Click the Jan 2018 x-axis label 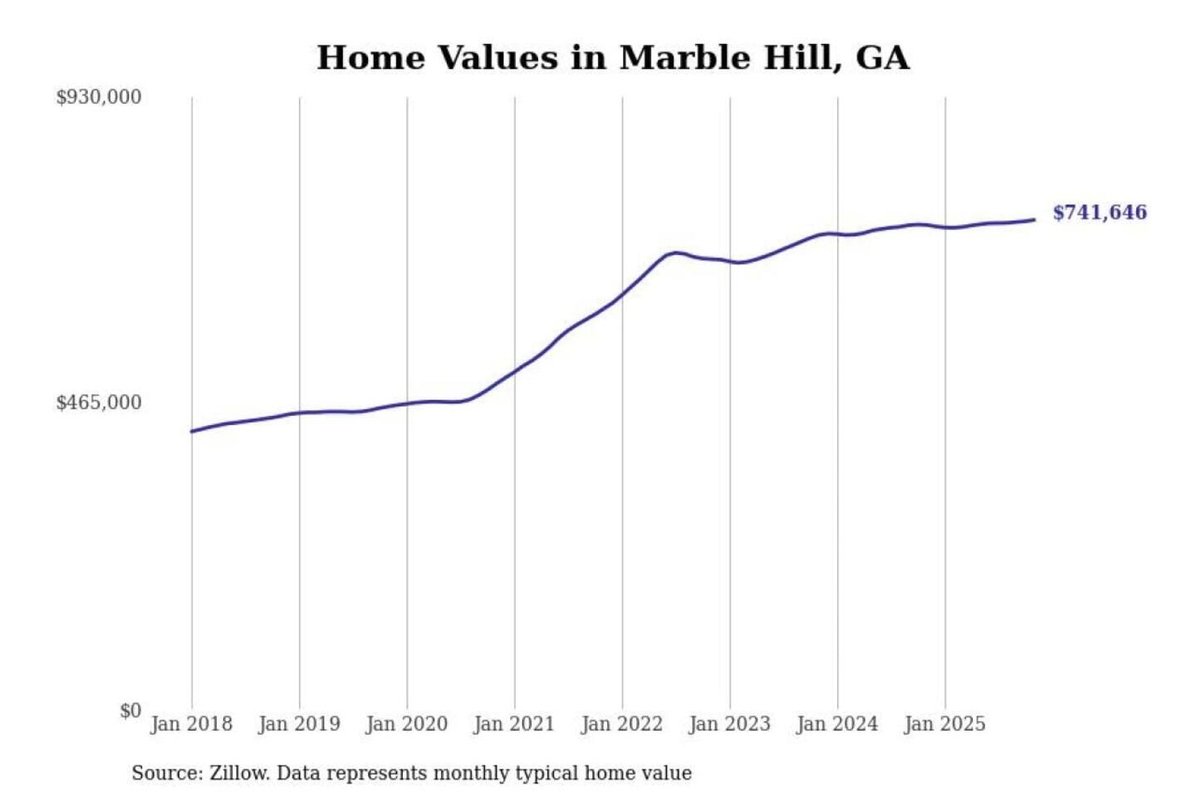coord(191,724)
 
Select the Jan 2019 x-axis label coord(299,724)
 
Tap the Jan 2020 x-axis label coord(406,724)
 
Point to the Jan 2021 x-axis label coord(514,724)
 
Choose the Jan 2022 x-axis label coord(622,724)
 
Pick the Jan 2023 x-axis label coord(729,724)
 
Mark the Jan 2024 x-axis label coord(837,724)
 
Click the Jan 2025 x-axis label coord(944,724)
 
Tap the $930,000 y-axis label coord(99,97)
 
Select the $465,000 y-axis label coord(99,403)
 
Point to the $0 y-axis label coord(130,711)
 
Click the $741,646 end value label coord(1100,213)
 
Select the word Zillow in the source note coord(238,773)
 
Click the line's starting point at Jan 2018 coord(192,431)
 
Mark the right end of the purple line coord(1034,219)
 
